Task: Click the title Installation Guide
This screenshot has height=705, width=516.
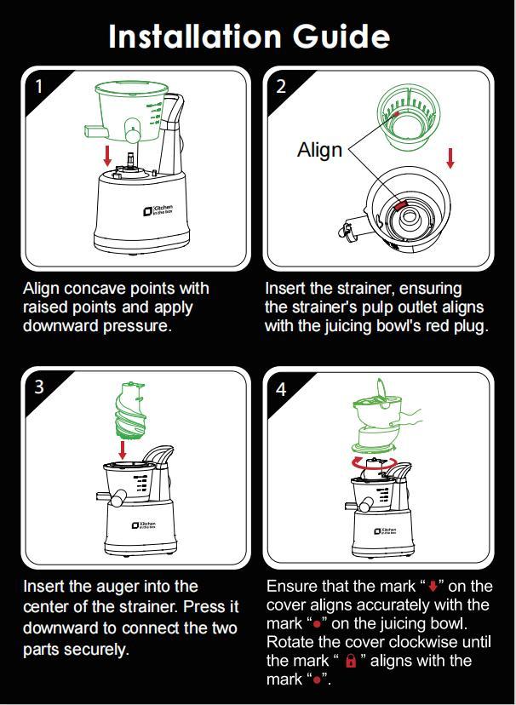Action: (x=249, y=37)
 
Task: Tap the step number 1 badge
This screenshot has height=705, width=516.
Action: (x=38, y=85)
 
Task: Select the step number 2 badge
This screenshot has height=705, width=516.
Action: (x=281, y=85)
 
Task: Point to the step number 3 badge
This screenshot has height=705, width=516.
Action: (x=39, y=387)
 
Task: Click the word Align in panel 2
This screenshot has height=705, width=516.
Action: (x=319, y=150)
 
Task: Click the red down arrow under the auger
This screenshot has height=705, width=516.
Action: (x=124, y=448)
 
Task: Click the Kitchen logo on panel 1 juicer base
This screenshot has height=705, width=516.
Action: (x=155, y=209)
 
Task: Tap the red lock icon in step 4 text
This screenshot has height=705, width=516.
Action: (x=349, y=662)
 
